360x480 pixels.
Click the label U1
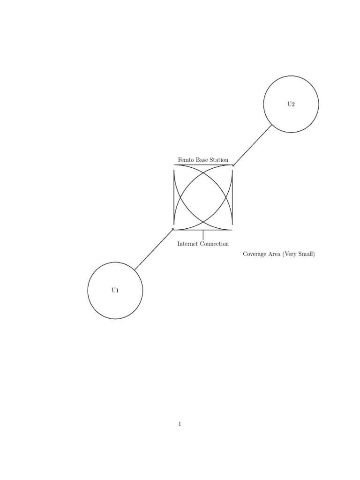click(x=115, y=290)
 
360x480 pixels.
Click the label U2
click(x=291, y=104)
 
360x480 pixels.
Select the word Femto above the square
click(x=186, y=160)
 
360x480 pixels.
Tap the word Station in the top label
click(x=219, y=160)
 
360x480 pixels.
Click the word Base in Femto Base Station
click(x=202, y=160)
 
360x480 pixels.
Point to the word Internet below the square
click(x=187, y=244)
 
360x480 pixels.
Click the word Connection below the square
click(x=214, y=244)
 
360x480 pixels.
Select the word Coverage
click(x=255, y=254)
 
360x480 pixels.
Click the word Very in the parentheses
click(x=290, y=254)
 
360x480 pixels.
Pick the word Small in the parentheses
click(x=307, y=254)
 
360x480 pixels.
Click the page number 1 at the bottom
click(x=180, y=424)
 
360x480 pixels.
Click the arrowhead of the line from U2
click(x=233, y=166)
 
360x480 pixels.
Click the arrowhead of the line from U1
click(x=173, y=229)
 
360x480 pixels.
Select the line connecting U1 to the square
click(x=154, y=249)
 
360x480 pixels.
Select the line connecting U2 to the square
click(x=252, y=146)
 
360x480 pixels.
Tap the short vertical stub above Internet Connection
click(x=203, y=235)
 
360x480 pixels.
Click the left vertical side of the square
click(x=174, y=197)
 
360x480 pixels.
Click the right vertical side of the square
click(x=232, y=197)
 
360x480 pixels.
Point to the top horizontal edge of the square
click(x=203, y=165)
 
